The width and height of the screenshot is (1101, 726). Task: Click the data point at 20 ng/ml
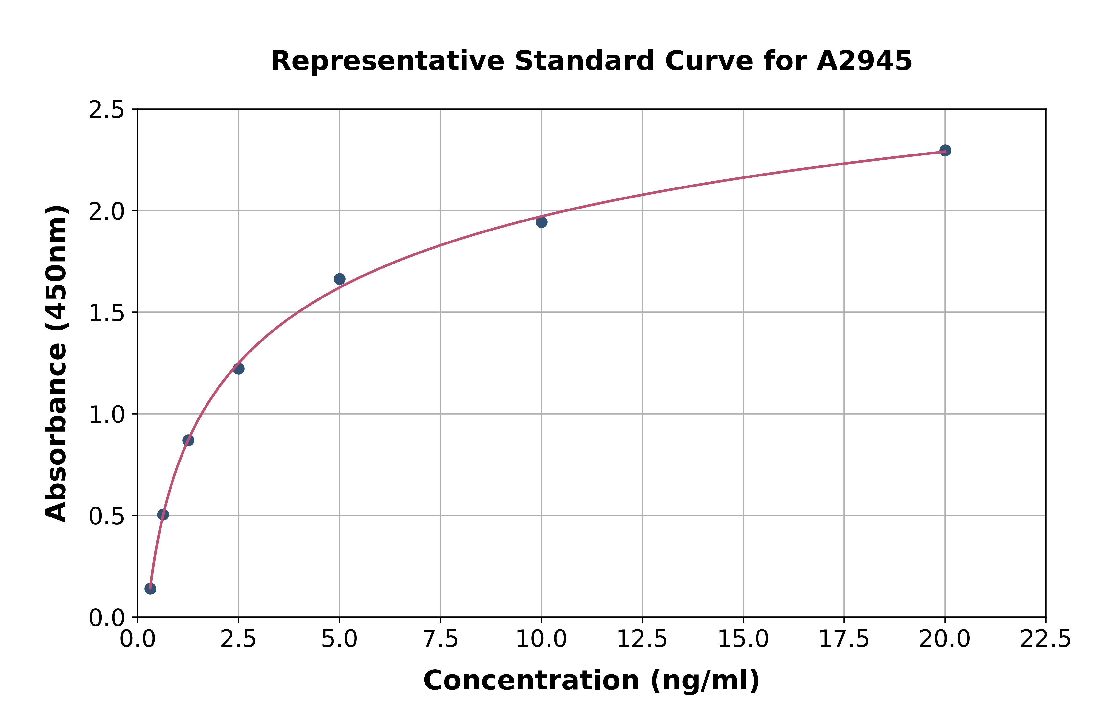945,151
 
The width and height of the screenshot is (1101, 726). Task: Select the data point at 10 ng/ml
541,222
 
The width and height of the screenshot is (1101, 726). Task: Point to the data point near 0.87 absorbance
188,440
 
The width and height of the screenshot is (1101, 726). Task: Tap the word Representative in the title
387,61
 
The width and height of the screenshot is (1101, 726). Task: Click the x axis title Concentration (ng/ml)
591,681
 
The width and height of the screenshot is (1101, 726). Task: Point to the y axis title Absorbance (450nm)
57,363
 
